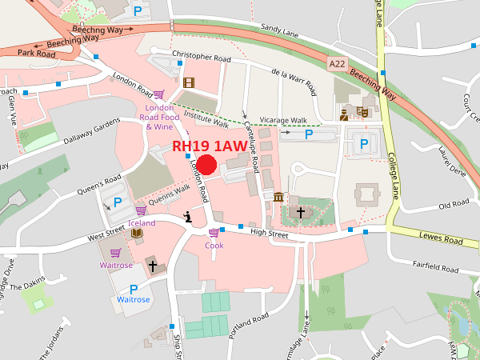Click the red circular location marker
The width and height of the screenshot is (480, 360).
click(x=207, y=165)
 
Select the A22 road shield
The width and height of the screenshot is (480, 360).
click(x=338, y=63)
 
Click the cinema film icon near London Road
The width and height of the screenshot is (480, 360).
click(x=189, y=82)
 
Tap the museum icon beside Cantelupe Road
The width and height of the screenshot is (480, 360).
click(x=278, y=197)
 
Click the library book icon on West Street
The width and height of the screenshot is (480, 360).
click(x=136, y=234)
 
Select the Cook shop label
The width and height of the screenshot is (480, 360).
click(x=214, y=246)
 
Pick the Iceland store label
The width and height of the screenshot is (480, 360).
click(x=141, y=223)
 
